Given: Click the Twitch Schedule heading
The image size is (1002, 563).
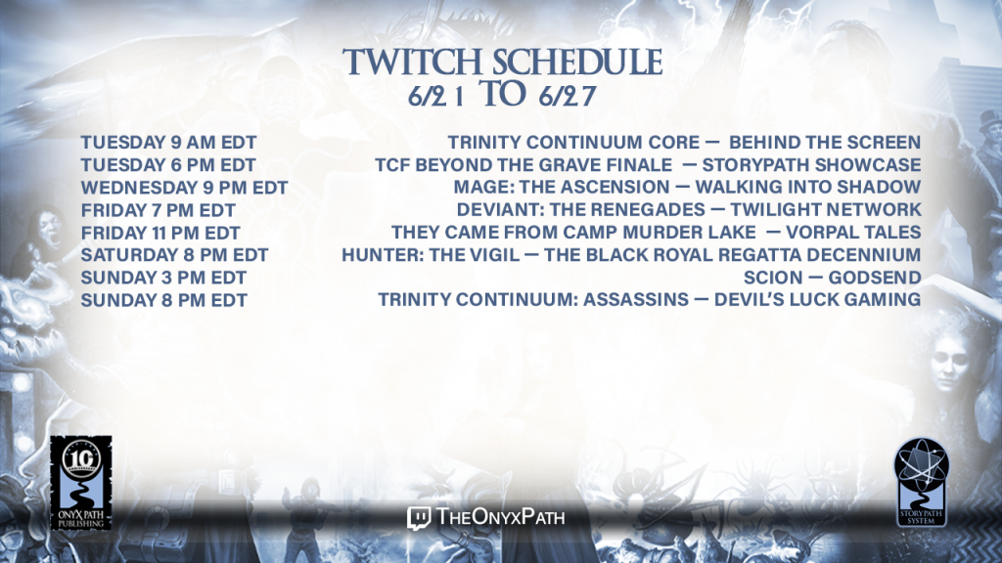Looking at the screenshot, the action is point(502,62).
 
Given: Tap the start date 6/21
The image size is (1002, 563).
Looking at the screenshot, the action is point(436,96).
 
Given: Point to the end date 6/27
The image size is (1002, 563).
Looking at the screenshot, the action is point(568,96).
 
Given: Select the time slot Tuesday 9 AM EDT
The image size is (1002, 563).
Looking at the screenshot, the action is point(168,143).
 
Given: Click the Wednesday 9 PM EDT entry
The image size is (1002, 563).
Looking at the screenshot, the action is point(184,188).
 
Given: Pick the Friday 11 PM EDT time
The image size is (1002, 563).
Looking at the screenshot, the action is point(160,233).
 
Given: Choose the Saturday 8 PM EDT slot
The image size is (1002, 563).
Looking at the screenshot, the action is point(174,255).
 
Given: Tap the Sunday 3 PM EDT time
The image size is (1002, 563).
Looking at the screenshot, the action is point(163,278).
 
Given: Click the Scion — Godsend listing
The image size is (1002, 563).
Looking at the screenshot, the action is point(832,278).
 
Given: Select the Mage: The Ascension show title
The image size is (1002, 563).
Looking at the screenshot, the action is point(562,187).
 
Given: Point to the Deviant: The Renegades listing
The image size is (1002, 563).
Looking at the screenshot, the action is point(581,209).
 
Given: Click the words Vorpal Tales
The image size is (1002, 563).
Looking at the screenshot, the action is point(853,233).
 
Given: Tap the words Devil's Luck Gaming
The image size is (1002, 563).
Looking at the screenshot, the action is point(817,299).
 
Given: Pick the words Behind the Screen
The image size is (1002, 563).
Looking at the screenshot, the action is point(825,143).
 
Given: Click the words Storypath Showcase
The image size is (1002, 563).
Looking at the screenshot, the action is point(811,164).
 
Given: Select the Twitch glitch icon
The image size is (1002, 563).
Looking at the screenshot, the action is point(419,518).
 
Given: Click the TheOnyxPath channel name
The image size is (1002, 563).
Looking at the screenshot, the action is point(500,516).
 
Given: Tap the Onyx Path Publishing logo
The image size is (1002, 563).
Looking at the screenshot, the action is point(81,483).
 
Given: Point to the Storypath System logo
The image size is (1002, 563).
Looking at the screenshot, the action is point(922,483).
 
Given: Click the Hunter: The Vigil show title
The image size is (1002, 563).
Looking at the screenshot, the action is point(431,255).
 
